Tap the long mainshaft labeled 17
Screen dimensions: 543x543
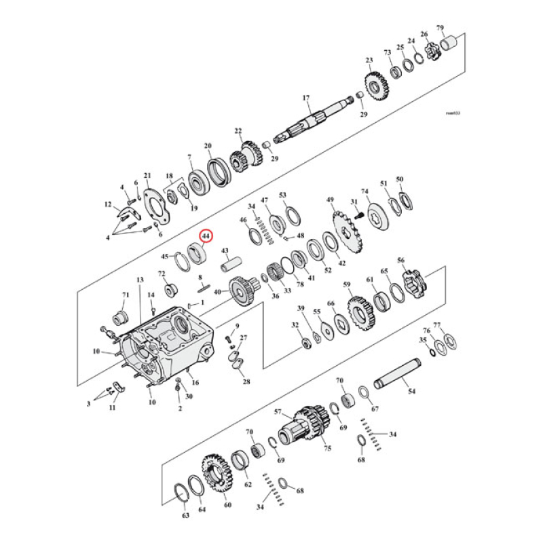319,119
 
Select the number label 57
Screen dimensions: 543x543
278,412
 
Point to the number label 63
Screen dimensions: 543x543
185,516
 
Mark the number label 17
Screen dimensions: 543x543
306,97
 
